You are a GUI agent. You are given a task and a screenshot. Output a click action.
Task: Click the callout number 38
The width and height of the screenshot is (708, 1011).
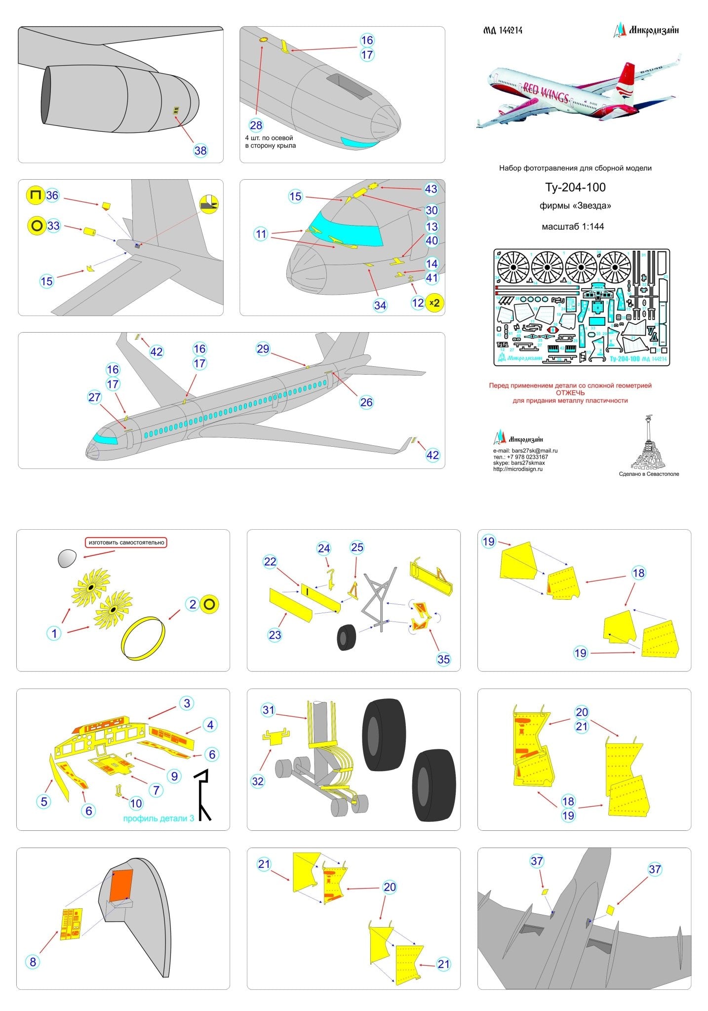200,150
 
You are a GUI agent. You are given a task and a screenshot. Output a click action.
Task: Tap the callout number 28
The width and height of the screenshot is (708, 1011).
256,125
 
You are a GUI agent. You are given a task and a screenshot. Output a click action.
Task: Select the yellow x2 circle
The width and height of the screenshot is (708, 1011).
434,303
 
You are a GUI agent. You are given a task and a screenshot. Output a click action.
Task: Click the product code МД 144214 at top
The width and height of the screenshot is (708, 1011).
502,31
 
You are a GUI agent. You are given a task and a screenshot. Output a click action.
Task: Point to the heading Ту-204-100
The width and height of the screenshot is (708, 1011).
575,188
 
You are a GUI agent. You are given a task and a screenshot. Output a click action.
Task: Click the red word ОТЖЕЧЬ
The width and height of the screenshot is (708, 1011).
570,393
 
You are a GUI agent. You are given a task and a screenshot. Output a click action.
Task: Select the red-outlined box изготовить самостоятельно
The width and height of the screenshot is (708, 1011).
126,543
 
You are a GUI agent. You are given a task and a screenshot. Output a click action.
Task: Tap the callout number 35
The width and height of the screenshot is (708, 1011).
443,659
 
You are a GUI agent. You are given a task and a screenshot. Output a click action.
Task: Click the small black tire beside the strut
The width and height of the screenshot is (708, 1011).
348,637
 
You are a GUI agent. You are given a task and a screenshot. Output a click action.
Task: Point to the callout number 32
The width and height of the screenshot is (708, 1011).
258,781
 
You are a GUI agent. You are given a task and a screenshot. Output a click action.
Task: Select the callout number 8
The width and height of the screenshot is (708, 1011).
33,962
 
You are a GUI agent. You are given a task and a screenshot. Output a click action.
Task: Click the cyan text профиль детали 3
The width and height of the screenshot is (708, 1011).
158,818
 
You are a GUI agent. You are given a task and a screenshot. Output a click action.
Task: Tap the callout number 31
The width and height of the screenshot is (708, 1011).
268,710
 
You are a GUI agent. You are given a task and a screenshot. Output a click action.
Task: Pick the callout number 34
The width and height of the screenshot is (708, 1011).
380,305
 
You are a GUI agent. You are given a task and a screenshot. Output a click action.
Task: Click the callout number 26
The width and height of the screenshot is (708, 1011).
366,402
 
